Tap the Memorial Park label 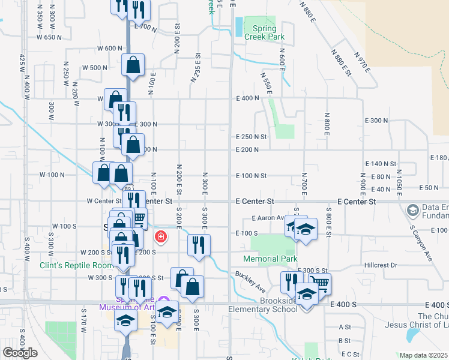pyautogui.click(x=270, y=259)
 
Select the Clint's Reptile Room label pyautogui.click(x=76, y=265)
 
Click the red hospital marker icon pyautogui.click(x=160, y=237)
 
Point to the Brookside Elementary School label pyautogui.click(x=262, y=305)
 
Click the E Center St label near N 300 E pyautogui.click(x=255, y=201)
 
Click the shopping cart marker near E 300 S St pyautogui.click(x=320, y=283)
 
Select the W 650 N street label pyautogui.click(x=49, y=37)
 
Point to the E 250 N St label pyautogui.click(x=251, y=137)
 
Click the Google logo pyautogui.click(x=20, y=353)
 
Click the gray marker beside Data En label pyautogui.click(x=412, y=210)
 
